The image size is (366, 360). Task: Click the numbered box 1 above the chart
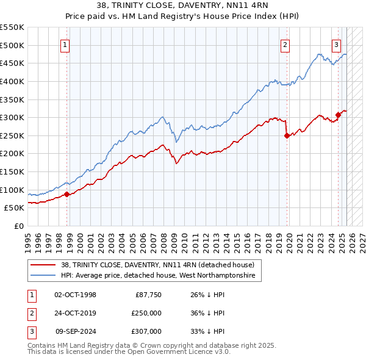pos(65,44)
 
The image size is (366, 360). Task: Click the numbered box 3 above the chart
pos(336,44)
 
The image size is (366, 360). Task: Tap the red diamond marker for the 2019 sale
pos(287,136)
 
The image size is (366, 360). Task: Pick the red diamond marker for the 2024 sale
pos(338,115)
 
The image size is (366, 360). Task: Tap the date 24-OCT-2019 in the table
pos(76,313)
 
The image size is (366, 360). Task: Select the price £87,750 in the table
pos(146,295)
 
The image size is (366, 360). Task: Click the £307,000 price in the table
pos(146,331)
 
